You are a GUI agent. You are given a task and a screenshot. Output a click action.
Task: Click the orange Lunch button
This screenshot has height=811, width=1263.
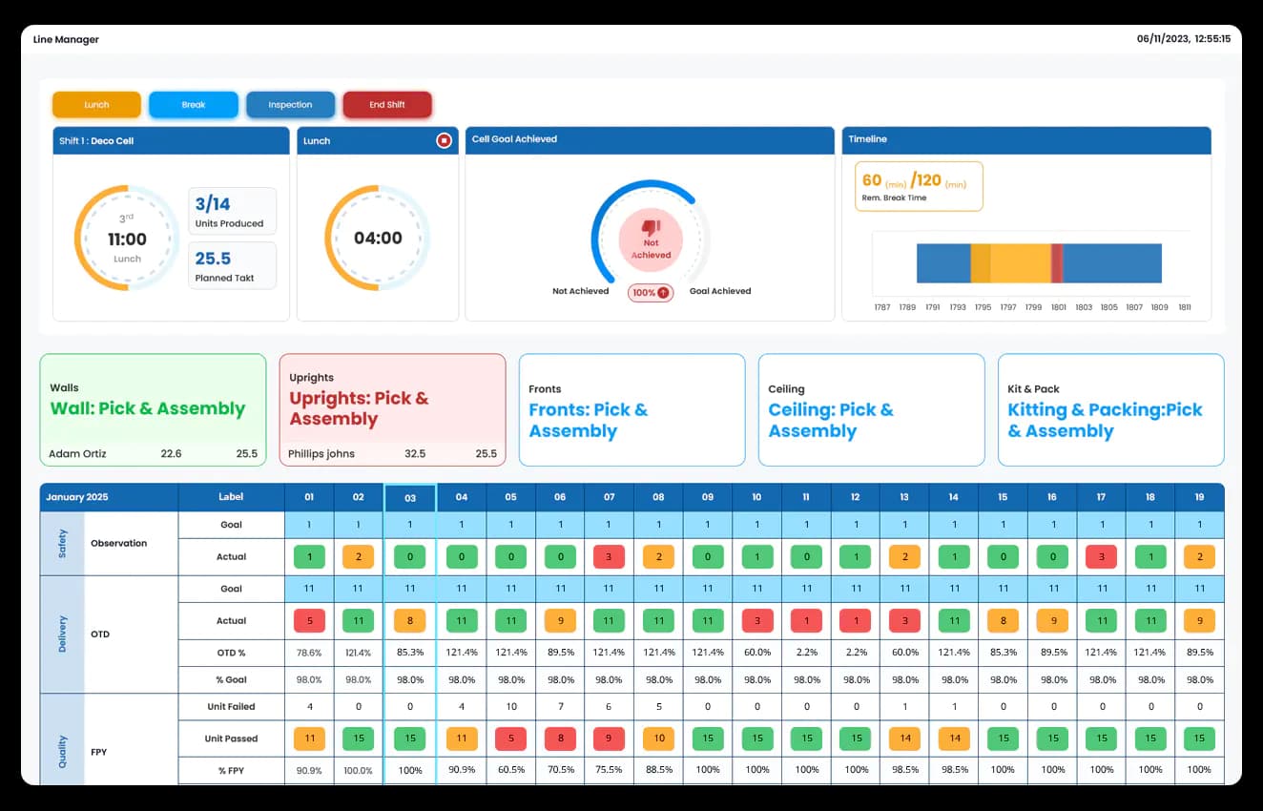[96, 105]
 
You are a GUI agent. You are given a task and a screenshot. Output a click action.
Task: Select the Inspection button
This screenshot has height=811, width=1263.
[290, 105]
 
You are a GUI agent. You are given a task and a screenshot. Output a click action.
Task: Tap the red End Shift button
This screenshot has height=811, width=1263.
[387, 105]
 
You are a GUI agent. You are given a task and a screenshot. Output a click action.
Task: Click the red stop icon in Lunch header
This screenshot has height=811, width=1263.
[444, 140]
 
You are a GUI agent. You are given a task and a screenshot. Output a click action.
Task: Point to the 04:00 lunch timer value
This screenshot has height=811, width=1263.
[378, 238]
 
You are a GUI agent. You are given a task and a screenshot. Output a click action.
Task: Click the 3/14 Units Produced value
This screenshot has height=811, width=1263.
[213, 203]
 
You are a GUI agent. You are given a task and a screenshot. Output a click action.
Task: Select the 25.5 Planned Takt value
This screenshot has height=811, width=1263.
[213, 259]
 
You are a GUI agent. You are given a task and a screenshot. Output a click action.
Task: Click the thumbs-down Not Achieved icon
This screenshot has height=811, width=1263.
[651, 228]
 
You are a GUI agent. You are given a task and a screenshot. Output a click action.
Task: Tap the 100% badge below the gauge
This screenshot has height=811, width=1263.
[651, 293]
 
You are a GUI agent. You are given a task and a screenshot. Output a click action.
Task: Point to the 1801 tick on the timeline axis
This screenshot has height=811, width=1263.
[1059, 308]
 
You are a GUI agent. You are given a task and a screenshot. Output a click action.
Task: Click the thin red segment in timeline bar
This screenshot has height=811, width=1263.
[1057, 263]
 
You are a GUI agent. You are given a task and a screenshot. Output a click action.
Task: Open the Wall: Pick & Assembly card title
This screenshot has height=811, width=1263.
[148, 408]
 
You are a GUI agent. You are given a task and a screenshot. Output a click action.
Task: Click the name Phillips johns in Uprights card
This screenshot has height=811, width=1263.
[321, 454]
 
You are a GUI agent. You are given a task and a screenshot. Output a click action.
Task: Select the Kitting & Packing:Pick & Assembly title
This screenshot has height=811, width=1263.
[1105, 420]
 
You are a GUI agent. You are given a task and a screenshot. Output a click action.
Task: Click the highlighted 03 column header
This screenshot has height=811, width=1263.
[410, 497]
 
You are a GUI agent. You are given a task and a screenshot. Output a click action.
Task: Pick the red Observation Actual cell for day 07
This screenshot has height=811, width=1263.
[610, 556]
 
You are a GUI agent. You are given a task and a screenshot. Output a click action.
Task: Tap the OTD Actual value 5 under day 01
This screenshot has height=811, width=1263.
[309, 621]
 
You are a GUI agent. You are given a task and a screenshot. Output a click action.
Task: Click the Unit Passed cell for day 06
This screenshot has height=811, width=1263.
[560, 738]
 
